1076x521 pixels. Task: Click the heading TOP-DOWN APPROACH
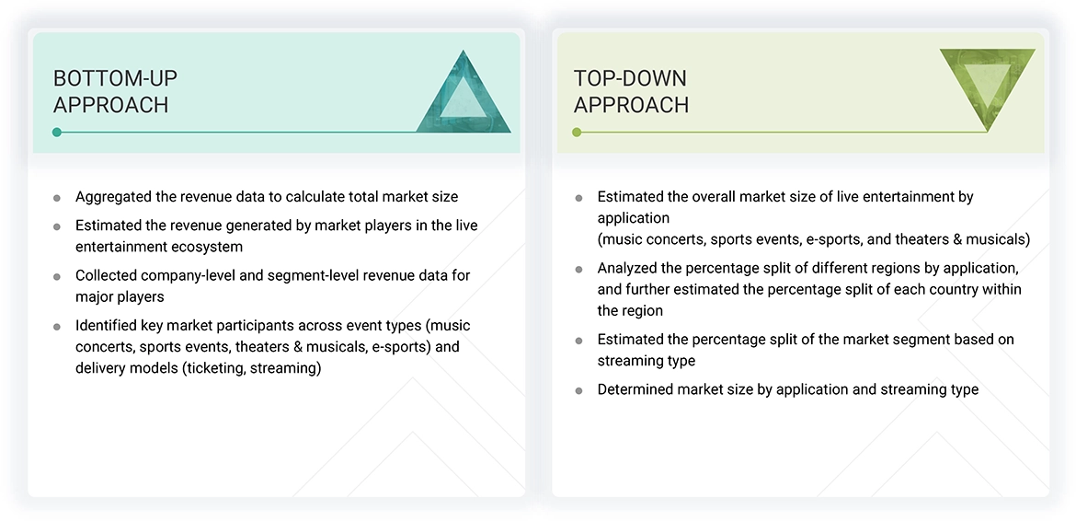point(631,91)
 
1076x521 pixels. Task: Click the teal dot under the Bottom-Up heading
point(57,133)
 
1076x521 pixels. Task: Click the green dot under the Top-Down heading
point(577,133)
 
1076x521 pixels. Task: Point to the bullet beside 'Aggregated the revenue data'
point(57,197)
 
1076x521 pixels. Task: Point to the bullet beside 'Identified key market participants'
point(57,326)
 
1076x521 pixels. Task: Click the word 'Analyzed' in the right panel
point(627,269)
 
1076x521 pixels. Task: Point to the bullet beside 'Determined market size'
point(578,390)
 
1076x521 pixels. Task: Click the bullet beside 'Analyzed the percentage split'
point(578,270)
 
